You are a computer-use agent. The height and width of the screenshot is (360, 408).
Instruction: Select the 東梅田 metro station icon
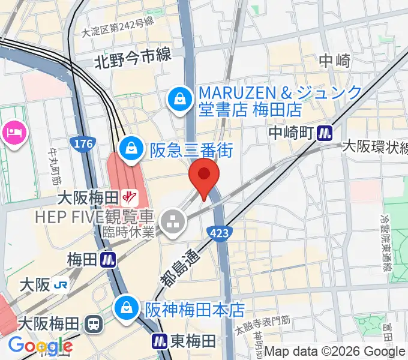[160, 341]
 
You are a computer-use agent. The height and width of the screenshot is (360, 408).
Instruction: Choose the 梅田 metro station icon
[109, 260]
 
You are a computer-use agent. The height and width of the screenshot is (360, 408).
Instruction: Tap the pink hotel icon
[14, 132]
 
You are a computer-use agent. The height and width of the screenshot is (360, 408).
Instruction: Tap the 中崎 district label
[334, 60]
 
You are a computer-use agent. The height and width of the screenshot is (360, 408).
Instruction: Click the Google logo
[40, 346]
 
